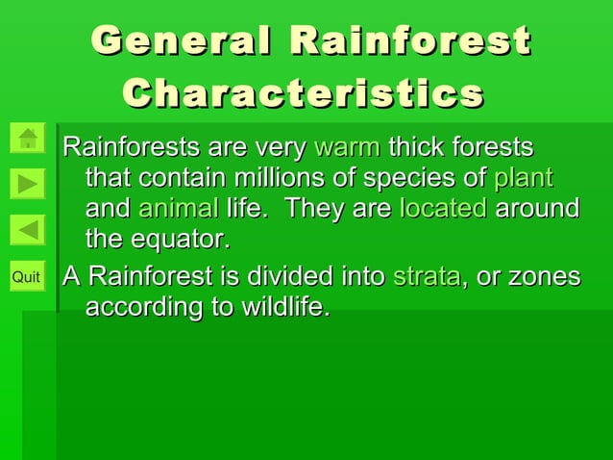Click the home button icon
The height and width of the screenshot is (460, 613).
pos(29,139)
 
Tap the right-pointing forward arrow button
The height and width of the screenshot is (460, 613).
pos(29,184)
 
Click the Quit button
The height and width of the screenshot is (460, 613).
pos(27,278)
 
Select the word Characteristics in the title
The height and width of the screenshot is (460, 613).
pos(303,93)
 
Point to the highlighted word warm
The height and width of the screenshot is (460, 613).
pos(347,148)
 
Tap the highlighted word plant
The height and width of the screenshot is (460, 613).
pos(523,179)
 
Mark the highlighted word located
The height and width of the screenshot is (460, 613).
pos(443,209)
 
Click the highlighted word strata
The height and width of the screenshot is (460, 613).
pos(427,278)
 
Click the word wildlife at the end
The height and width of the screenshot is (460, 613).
pos(283,308)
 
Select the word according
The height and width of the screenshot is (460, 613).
pos(138,308)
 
